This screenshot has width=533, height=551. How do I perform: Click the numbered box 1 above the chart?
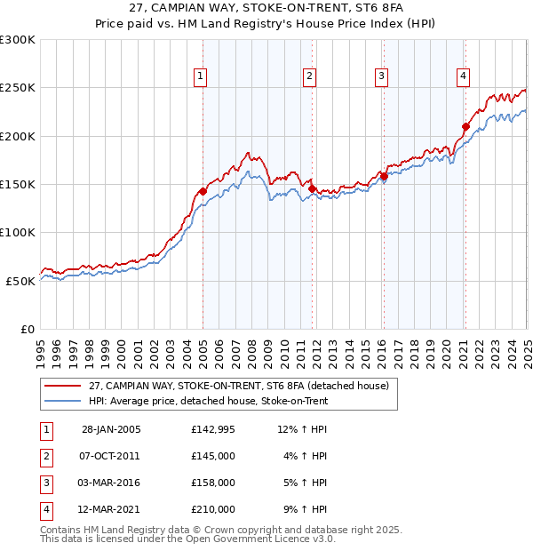point(201,77)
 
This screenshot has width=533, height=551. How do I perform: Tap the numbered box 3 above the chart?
point(381,77)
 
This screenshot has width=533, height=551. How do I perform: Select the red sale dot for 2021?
point(465,126)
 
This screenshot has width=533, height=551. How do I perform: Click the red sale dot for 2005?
point(203,191)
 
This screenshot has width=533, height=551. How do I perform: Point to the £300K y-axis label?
point(18,40)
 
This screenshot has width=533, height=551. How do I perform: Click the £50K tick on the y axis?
point(21,281)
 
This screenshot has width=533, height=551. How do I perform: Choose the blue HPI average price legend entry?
point(208,402)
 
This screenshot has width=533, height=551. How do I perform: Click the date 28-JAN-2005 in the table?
point(111,429)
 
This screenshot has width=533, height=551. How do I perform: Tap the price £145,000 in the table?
point(213,456)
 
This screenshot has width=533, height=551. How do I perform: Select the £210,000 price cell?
point(213,509)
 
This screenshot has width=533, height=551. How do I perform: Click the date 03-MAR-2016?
point(111,483)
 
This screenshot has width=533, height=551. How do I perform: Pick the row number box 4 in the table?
point(45,509)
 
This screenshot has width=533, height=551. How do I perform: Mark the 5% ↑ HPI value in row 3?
point(306,483)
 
